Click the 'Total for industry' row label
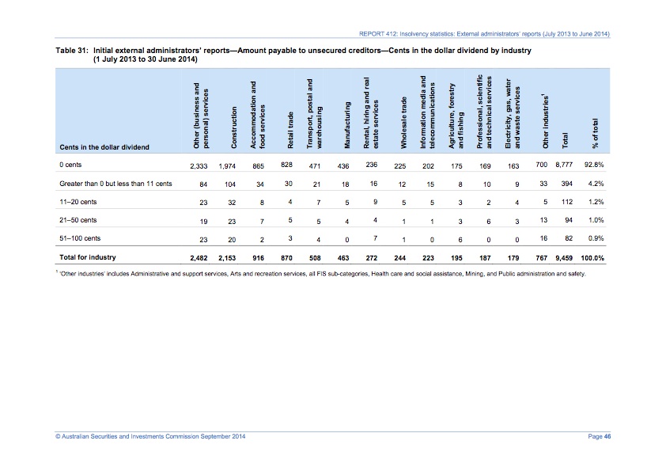click(88, 257)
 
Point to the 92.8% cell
click(595, 165)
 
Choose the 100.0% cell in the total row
click(592, 257)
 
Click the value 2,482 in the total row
click(194, 257)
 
